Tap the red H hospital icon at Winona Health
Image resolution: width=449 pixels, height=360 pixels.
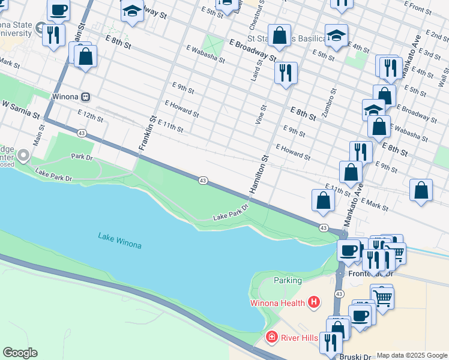tap(313, 302)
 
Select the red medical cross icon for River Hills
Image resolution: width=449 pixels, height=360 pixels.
tap(272, 338)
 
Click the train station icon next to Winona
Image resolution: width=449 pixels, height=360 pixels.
tap(86, 97)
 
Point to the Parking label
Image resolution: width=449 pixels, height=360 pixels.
tap(288, 280)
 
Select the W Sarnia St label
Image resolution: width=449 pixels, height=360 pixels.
tap(20, 109)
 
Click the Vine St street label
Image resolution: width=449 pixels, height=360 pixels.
tap(262, 113)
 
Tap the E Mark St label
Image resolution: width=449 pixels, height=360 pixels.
tap(375, 205)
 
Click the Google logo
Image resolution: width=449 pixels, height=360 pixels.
tap(20, 352)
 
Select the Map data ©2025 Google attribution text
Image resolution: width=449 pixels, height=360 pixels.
tap(411, 355)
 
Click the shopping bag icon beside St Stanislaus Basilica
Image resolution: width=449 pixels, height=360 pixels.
tap(280, 35)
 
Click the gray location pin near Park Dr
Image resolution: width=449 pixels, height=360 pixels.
tap(23, 156)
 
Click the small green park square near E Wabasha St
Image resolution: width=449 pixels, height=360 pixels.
tap(212, 44)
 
